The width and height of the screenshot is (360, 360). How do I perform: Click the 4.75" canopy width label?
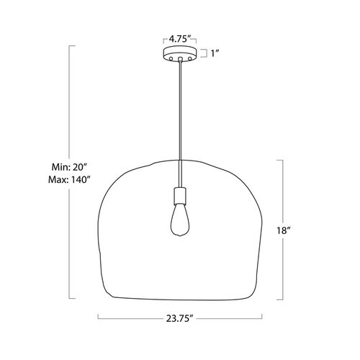click(x=180, y=39)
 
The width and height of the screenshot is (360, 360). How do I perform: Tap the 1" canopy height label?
click(x=215, y=53)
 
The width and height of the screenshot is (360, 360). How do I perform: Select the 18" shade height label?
click(x=283, y=230)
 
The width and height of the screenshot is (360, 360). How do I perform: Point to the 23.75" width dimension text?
click(x=180, y=318)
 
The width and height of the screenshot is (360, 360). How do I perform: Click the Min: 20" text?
click(x=69, y=167)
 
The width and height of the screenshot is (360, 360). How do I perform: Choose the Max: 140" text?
click(x=69, y=179)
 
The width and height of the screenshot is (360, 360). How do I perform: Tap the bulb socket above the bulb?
click(x=180, y=195)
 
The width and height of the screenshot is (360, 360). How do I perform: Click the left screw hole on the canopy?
click(x=171, y=58)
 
